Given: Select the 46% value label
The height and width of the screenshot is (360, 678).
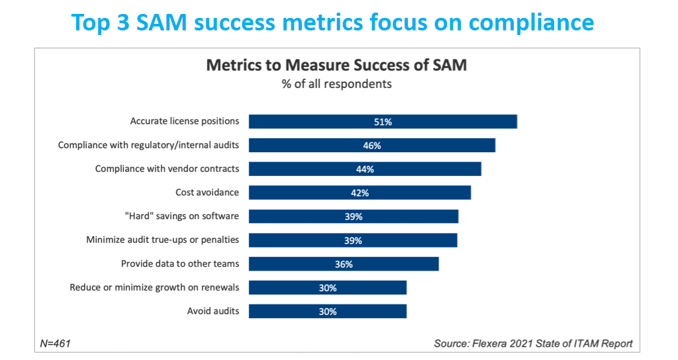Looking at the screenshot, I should (371, 146).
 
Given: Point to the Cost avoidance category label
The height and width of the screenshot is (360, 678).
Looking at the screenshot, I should (207, 193).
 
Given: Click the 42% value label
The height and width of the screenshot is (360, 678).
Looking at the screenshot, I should (360, 193).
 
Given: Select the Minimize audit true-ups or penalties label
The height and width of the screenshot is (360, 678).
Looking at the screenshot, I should (162, 240).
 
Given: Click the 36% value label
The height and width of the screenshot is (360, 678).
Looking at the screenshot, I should (344, 264).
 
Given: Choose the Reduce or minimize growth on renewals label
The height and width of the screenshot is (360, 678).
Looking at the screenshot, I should (154, 287).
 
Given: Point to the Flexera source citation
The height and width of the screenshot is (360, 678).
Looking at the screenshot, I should (533, 343).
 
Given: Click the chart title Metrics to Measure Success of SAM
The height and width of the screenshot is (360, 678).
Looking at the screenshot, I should (337, 65).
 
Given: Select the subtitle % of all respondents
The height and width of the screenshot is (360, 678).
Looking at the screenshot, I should (337, 84).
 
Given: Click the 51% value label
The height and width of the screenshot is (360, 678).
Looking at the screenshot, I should (383, 122).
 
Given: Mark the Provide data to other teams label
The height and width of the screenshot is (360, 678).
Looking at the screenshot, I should (179, 263).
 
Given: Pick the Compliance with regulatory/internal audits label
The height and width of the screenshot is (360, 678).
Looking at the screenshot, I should (148, 145).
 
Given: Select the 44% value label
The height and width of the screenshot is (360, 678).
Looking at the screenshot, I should (365, 169).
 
